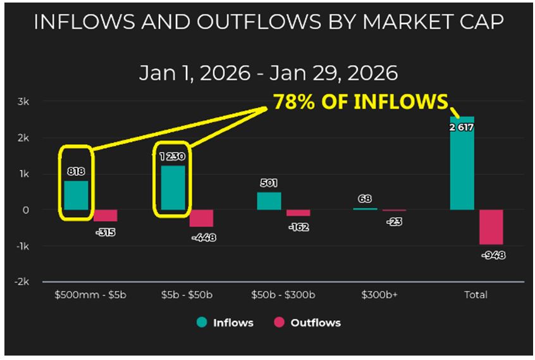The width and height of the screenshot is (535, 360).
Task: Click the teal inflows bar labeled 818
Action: point(76,196)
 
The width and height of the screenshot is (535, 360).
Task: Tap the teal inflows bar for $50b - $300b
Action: point(269,201)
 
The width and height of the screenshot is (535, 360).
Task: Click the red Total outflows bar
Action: point(491,227)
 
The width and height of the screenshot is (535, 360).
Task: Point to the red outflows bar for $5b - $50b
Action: point(201,218)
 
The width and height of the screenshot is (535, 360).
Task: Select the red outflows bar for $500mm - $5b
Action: point(106,216)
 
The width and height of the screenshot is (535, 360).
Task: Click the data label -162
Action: point(298,227)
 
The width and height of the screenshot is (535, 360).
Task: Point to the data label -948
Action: point(492,255)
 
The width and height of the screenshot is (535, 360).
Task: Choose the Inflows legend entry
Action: point(225,323)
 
